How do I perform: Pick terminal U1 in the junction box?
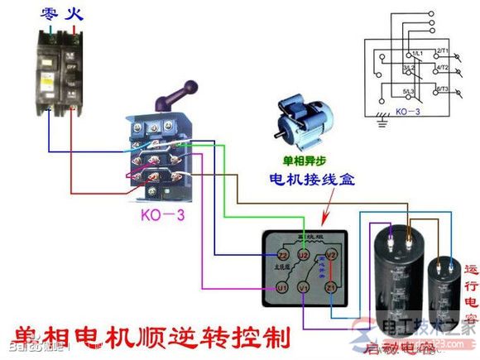click(281, 287)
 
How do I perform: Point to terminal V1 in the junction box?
click(305, 287)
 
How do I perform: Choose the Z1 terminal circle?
click(329, 287)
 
